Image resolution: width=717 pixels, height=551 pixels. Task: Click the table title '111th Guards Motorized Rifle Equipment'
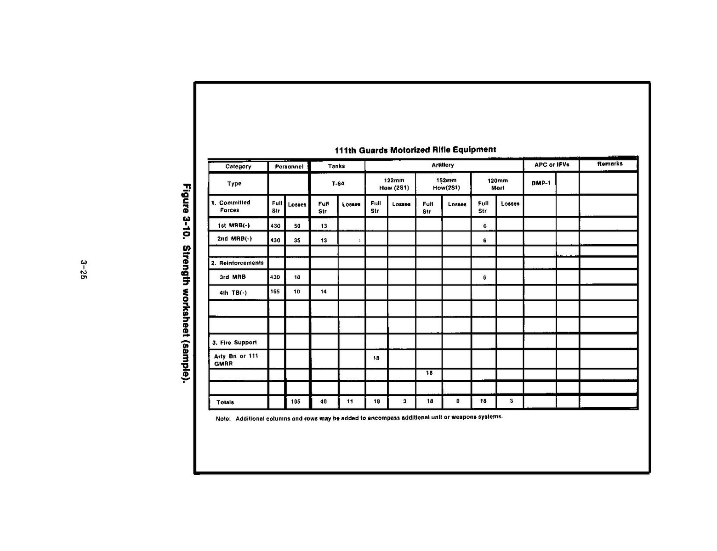[x=415, y=150]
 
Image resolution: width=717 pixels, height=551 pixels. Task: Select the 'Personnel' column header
[x=289, y=167]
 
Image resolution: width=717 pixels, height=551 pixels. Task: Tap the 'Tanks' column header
[x=336, y=166]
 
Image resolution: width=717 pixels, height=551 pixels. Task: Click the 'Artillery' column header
[x=443, y=165]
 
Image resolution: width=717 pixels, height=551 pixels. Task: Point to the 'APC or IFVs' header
[x=552, y=164]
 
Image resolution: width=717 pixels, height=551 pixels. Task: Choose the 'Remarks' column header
[x=609, y=163]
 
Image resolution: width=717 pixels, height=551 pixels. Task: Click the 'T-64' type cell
[x=338, y=184]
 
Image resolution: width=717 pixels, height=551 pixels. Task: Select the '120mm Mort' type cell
[x=497, y=184]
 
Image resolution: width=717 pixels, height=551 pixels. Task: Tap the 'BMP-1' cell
[x=541, y=183]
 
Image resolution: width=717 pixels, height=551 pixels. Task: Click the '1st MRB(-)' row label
[x=233, y=225]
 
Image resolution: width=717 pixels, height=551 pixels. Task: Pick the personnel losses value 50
[x=297, y=226]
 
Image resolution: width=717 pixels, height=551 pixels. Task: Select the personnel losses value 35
[x=297, y=240]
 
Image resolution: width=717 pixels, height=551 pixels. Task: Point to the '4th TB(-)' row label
[x=233, y=292]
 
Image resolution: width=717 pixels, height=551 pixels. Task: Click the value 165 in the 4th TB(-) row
[x=275, y=292]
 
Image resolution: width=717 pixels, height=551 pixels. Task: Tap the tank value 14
[x=324, y=292]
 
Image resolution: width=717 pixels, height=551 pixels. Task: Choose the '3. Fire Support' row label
[x=234, y=343]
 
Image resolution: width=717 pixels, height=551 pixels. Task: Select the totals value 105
[x=296, y=402]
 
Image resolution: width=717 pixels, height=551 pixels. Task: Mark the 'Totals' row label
[x=225, y=402]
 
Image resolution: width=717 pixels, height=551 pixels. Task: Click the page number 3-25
[x=83, y=270]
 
